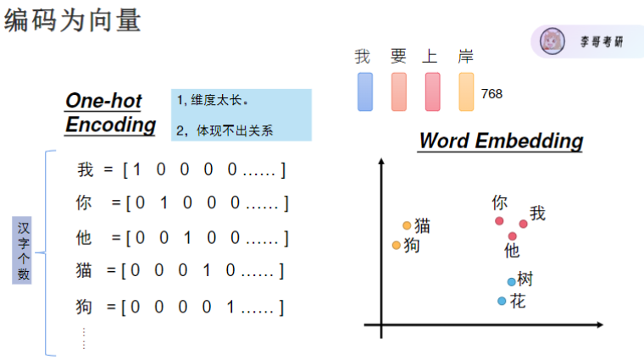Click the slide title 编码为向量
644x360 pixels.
[x=72, y=20]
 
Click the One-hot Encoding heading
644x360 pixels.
[x=110, y=114]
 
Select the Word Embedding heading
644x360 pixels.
[x=501, y=141]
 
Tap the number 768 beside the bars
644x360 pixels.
[x=491, y=94]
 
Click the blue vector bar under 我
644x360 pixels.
[x=365, y=91]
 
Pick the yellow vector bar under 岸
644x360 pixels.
[x=466, y=91]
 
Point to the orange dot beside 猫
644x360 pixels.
[x=407, y=225]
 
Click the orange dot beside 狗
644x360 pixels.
[x=397, y=245]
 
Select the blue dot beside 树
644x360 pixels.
[x=511, y=281]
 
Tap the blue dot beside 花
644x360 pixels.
[x=502, y=301]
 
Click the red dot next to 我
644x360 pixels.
[x=524, y=223]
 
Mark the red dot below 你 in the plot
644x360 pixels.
[x=499, y=221]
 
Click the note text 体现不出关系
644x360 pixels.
[x=235, y=131]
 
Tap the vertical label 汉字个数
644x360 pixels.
[x=24, y=250]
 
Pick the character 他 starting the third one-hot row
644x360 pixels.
[x=84, y=238]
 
